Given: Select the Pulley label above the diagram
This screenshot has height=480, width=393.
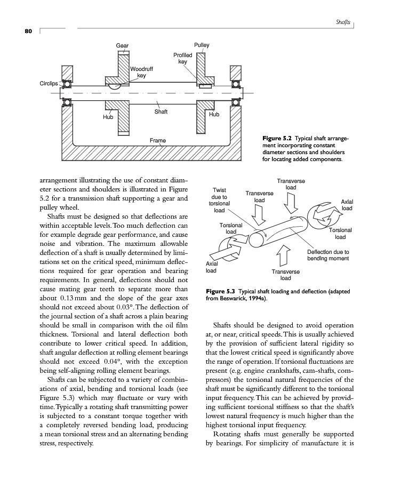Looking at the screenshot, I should [202, 45].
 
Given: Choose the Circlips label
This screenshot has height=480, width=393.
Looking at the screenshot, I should [47, 84].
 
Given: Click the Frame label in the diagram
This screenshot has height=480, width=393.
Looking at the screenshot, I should [157, 140].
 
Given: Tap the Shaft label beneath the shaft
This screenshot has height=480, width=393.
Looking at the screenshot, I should [161, 111].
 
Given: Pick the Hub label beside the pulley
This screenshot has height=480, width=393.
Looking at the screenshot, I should [214, 114].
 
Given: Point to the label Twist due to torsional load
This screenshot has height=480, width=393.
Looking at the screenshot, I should [219, 200].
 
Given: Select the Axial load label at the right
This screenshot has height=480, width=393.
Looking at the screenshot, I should [347, 205].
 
